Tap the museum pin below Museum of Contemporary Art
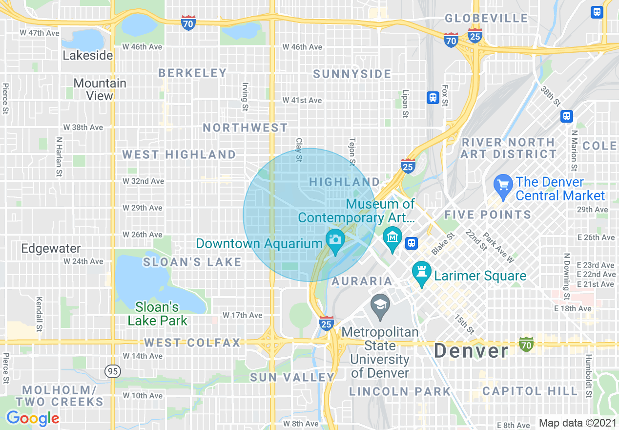[x=392, y=237]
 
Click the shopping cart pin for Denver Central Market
[x=503, y=185]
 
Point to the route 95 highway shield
[x=113, y=371]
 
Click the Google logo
[x=33, y=418]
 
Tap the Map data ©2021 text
[x=577, y=423]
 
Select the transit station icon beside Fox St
[x=433, y=98]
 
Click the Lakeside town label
[x=88, y=55]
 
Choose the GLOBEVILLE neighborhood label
[x=487, y=19]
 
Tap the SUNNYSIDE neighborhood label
[x=352, y=74]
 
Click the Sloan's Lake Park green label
[x=157, y=314]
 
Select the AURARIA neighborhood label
[x=362, y=281]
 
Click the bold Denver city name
[x=471, y=350]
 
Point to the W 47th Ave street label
[x=40, y=33]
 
